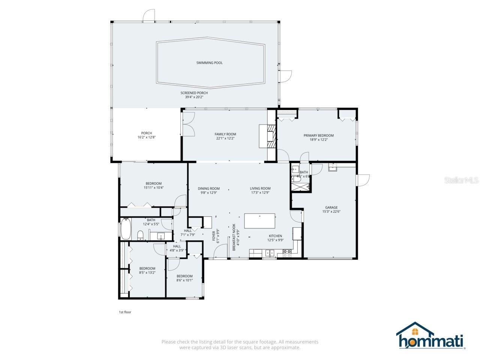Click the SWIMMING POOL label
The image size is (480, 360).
(209, 63)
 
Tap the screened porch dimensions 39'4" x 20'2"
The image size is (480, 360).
(194, 97)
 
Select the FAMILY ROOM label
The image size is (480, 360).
(225, 134)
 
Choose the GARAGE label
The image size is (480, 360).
(331, 207)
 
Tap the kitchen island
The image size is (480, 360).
(259, 221)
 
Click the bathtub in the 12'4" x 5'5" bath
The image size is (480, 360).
(125, 229)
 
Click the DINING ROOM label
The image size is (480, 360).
(209, 189)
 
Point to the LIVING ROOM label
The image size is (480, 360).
(260, 189)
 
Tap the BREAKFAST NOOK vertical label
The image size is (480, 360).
(234, 237)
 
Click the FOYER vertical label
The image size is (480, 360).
(214, 237)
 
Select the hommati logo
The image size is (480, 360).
(431, 336)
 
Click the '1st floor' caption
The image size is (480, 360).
(125, 312)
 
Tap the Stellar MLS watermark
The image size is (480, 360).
(461, 180)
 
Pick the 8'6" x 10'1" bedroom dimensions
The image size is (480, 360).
(184, 280)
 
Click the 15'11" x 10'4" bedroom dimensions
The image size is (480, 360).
(153, 187)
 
